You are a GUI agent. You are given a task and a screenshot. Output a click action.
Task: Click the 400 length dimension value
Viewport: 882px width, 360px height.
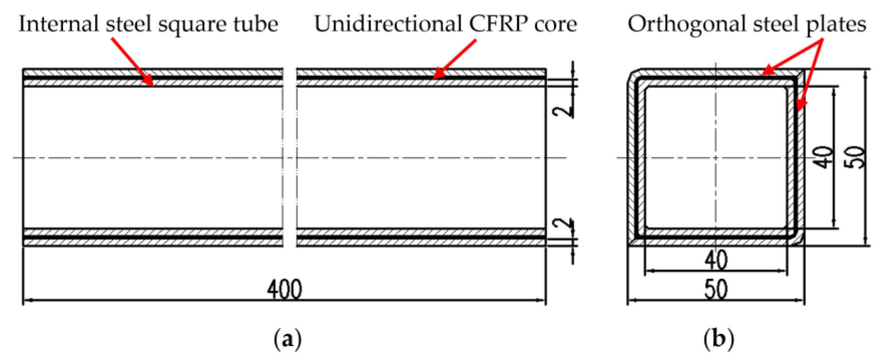[x=284, y=290]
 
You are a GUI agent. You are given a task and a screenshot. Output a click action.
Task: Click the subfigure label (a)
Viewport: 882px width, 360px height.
[x=288, y=339]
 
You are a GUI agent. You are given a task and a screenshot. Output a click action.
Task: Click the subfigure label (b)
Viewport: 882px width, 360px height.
[x=719, y=339]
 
